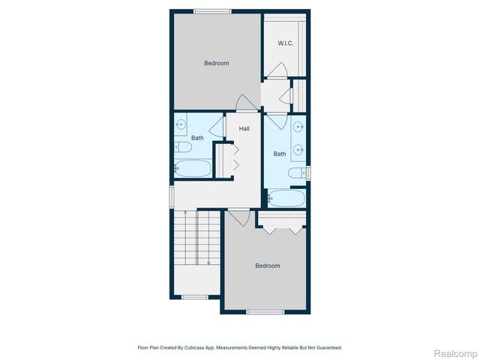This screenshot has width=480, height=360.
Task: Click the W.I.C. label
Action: pyautogui.click(x=285, y=43)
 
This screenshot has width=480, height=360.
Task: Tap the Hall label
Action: pyautogui.click(x=244, y=129)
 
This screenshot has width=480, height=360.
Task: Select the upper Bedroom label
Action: pyautogui.click(x=217, y=63)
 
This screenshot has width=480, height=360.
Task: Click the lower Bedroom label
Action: pyautogui.click(x=267, y=265)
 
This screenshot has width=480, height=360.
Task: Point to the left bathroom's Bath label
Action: pyautogui.click(x=197, y=138)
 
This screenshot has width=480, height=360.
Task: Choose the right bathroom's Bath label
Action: pyautogui.click(x=280, y=154)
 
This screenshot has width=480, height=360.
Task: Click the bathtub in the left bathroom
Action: pyautogui.click(x=194, y=168)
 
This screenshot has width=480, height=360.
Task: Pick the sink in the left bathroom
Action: pyautogui.click(x=181, y=124)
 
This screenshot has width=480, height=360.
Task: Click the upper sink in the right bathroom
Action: pyautogui.click(x=298, y=126)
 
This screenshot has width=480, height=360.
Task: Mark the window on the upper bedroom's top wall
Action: pyautogui.click(x=213, y=10)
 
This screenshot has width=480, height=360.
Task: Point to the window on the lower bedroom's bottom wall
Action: pyautogui.click(x=265, y=312)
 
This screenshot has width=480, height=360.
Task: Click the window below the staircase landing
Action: pyautogui.click(x=195, y=297)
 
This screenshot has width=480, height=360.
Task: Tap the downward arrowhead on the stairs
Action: pyautogui.click(x=208, y=262)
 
